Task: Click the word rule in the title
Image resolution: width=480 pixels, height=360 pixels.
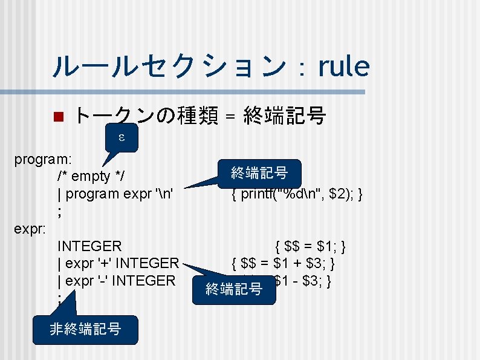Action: [343, 66]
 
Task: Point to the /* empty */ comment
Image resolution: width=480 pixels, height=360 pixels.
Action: [92, 177]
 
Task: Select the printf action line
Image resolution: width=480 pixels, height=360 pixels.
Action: [296, 194]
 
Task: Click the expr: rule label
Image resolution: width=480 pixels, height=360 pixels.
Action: [30, 229]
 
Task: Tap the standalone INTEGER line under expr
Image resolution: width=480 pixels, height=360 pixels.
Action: [89, 246]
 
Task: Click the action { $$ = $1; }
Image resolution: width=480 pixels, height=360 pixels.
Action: [310, 246]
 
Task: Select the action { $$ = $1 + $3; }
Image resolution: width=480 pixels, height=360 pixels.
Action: [284, 264]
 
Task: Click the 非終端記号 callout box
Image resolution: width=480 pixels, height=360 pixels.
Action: [85, 329]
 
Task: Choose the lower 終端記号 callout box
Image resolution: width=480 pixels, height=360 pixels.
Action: [233, 289]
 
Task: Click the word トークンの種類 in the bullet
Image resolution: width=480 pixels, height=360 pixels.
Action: [145, 115]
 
